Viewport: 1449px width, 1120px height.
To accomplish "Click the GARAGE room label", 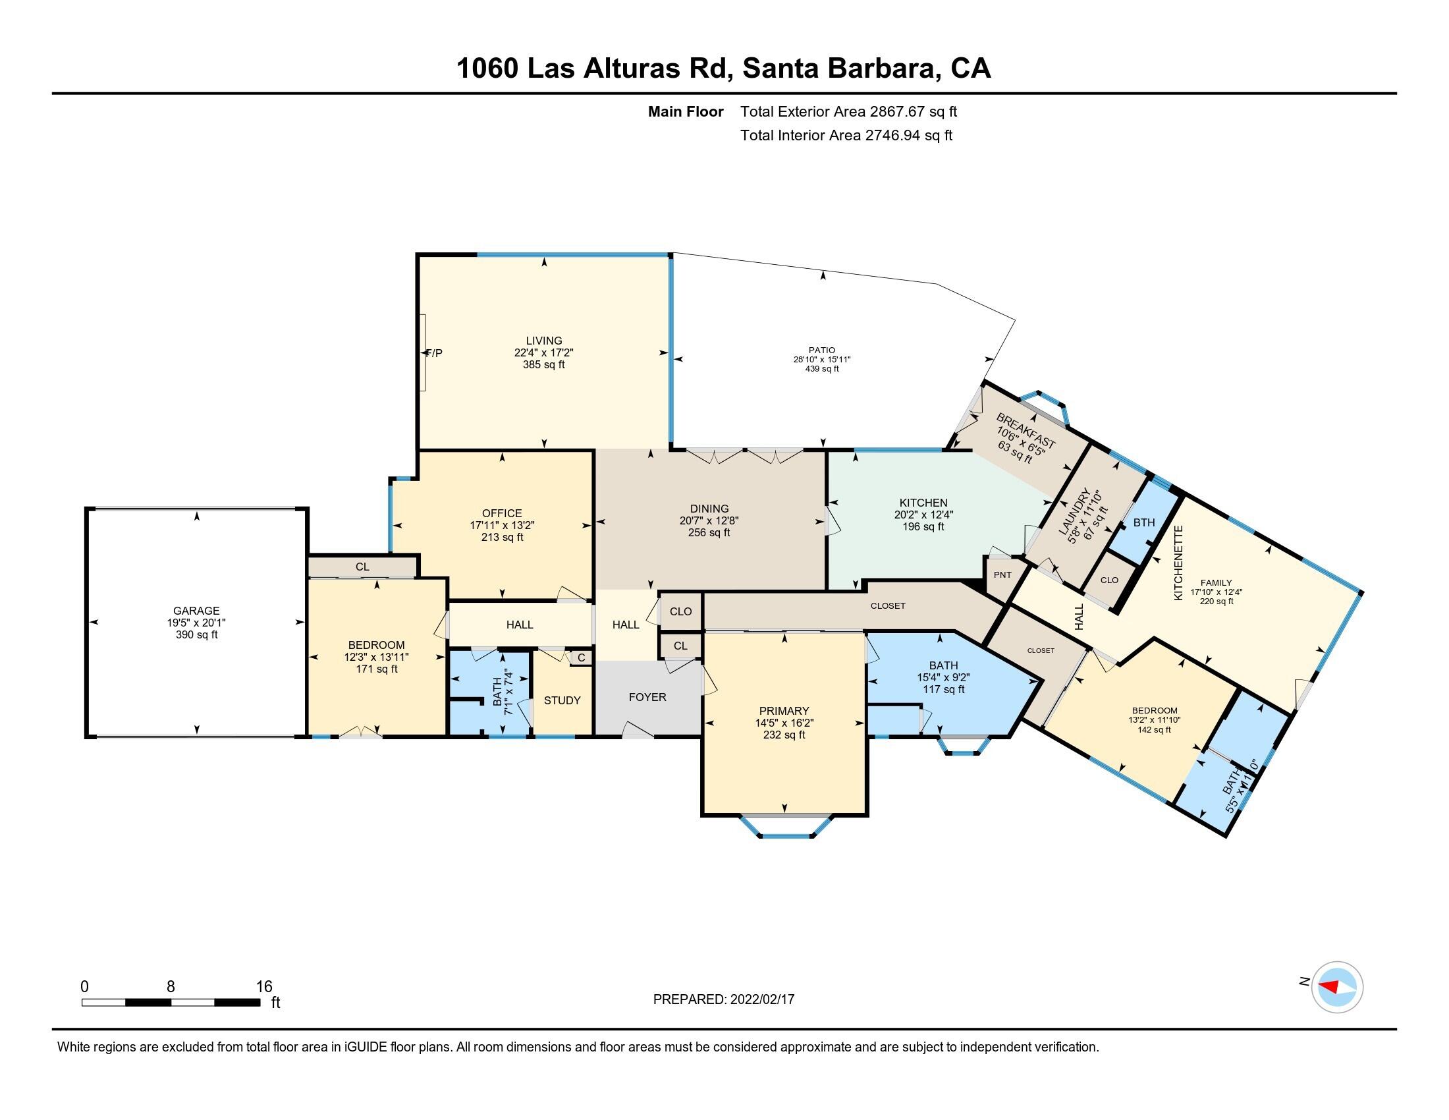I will coord(196,611).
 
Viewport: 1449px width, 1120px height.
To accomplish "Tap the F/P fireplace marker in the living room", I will coord(434,353).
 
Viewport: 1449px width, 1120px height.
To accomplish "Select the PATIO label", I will coord(821,350).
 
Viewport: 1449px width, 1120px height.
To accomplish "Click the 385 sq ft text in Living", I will coord(543,364).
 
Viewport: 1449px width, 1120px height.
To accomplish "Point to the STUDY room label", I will coord(562,700).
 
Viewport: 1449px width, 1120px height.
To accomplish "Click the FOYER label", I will coord(647,696).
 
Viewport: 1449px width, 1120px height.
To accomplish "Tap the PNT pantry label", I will coord(1002,574).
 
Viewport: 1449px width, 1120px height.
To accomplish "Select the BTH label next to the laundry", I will coord(1144,522).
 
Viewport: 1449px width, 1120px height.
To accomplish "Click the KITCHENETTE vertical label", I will coord(1178,563).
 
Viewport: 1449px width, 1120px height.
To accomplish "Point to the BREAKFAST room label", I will coord(1025,431).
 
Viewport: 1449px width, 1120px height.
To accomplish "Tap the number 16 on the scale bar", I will coord(264,986).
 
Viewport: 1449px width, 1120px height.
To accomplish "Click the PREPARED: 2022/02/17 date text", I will coord(723,999).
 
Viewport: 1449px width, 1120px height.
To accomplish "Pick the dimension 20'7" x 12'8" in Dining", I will coord(709,520).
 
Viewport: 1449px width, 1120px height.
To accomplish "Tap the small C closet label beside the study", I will coord(581,658).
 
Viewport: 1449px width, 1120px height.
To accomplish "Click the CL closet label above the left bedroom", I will coord(362,567).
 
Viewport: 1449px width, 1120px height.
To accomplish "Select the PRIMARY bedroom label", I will coord(784,711).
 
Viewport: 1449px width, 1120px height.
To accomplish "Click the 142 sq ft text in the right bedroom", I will coord(1154,729).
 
